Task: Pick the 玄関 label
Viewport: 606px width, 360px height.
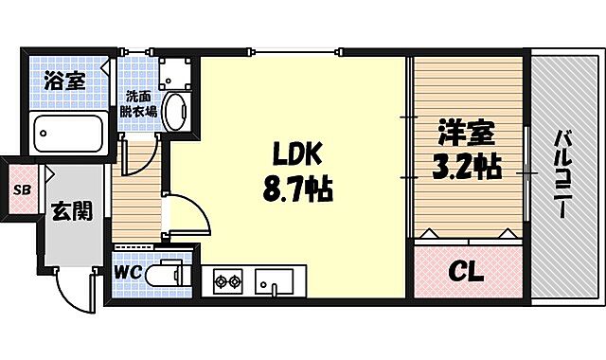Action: point(72,210)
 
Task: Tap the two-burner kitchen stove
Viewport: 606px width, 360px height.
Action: point(229,280)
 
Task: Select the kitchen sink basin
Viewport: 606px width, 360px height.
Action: point(276,280)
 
